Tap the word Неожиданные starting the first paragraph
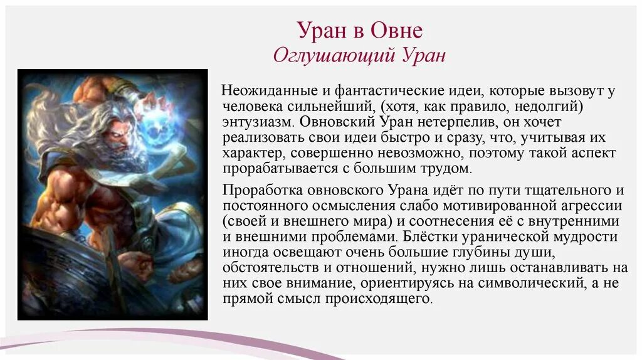point(263,91)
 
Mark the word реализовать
point(260,137)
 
